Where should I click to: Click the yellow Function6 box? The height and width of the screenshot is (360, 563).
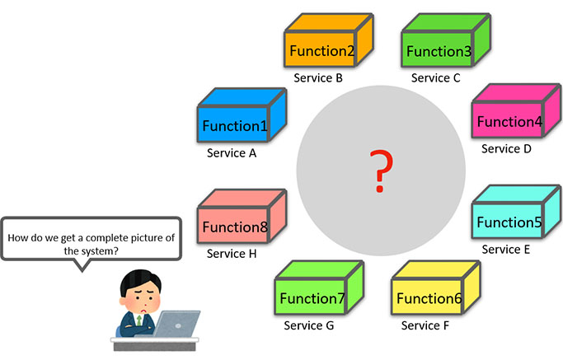point(429,294)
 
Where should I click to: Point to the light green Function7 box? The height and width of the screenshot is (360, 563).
point(312,294)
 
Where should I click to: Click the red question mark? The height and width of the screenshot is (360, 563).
point(380,171)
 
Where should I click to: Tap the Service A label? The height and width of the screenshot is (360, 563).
point(232,153)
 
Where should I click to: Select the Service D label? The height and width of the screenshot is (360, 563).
point(506,149)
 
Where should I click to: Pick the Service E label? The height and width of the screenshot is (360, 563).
point(506,250)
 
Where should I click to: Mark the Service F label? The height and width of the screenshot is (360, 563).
point(425,325)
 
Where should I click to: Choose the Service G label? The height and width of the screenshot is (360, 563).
point(309,325)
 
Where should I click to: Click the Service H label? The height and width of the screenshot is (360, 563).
point(232,254)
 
